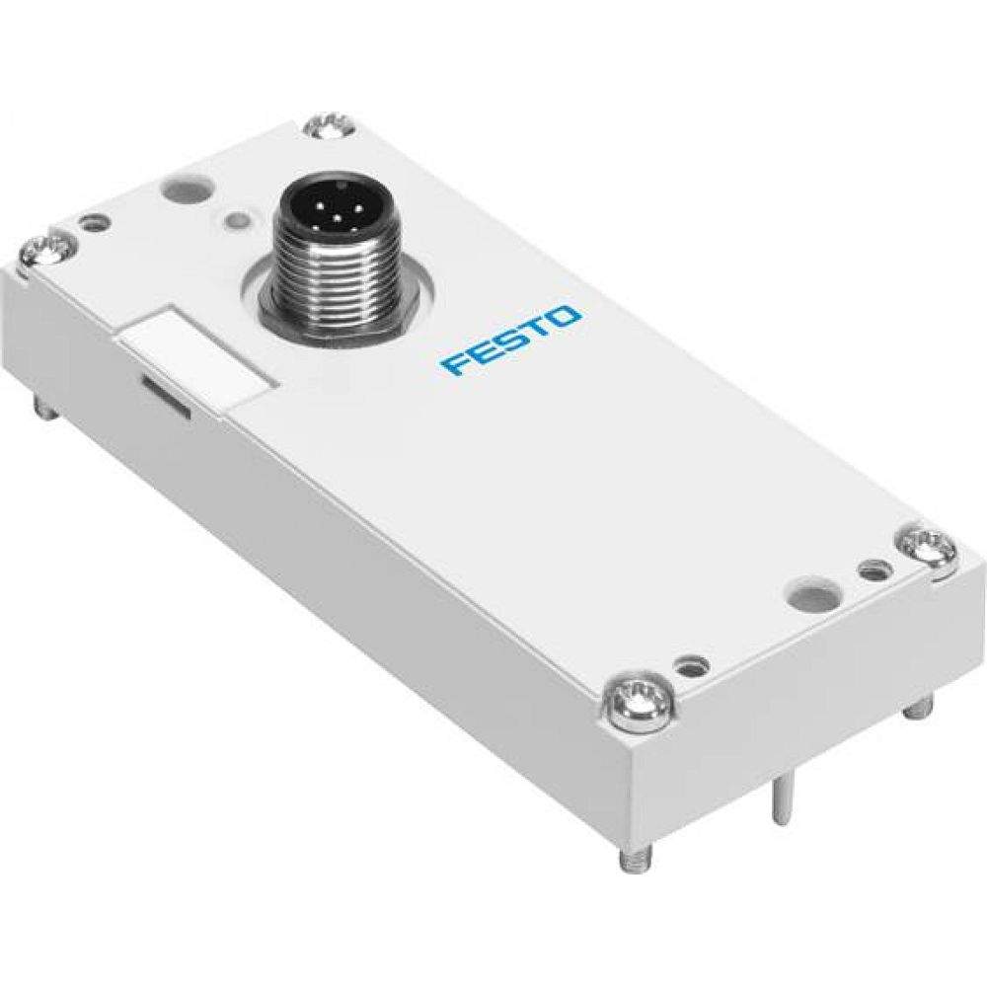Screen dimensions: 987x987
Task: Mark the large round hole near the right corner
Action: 807,596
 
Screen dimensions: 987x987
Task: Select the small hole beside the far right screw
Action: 872,570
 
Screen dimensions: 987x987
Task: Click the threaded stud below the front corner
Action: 629,859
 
